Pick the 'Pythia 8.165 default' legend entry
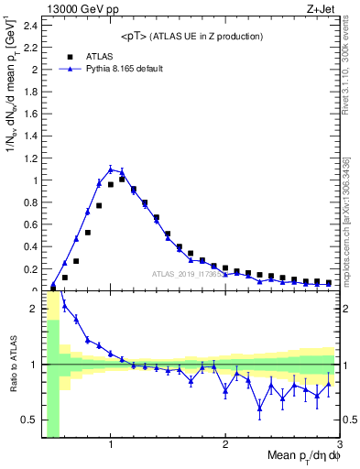pyautogui.click(x=110, y=69)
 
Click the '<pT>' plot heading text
pyautogui.click(x=192, y=36)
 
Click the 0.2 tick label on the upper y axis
pyautogui.click(x=31, y=269)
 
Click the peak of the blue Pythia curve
pyautogui.click(x=111, y=169)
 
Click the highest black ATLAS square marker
pyautogui.click(x=122, y=180)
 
